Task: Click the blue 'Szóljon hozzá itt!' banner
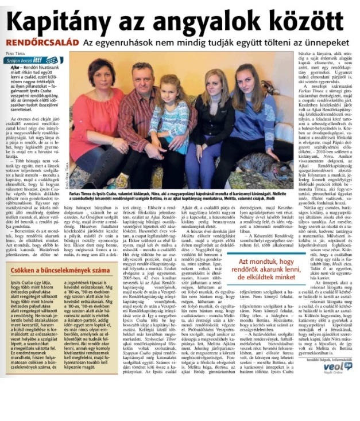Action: tap(33, 60)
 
